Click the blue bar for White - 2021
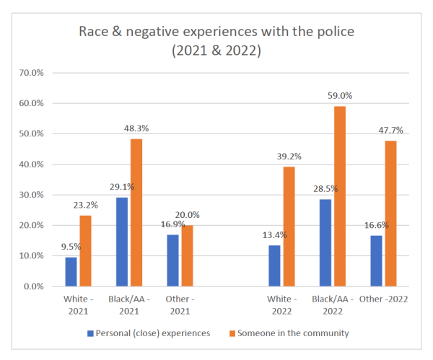pos(71,271)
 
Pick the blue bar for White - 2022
pos(274,265)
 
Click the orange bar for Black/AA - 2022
pos(339,196)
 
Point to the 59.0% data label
pos(340,95)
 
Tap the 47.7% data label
pos(390,130)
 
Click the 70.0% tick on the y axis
pos(32,73)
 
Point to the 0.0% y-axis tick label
pos(35,286)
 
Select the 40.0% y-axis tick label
pos(32,164)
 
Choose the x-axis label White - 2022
pos(281,305)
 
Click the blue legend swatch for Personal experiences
pos(90,333)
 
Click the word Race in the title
pos(96,32)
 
